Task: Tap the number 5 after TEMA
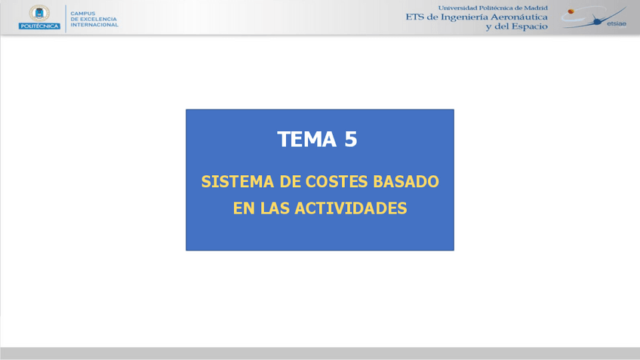click(x=350, y=140)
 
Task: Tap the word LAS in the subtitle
click(x=278, y=208)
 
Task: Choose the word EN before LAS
click(x=244, y=208)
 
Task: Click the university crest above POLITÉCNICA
click(x=39, y=13)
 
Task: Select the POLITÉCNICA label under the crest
click(x=39, y=26)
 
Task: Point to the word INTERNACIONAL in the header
click(x=94, y=25)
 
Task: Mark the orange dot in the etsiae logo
click(x=571, y=11)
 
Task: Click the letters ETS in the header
click(x=415, y=17)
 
